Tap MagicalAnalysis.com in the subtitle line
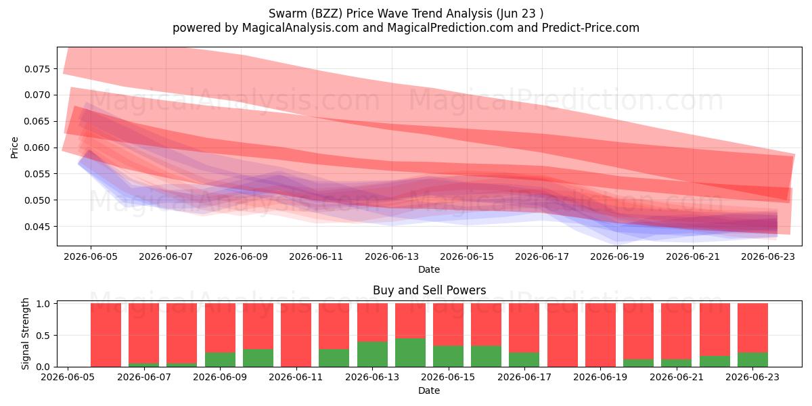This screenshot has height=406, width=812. pyautogui.click(x=300, y=28)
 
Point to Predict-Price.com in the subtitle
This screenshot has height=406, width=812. pyautogui.click(x=591, y=28)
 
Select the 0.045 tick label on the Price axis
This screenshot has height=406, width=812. pyautogui.click(x=36, y=227)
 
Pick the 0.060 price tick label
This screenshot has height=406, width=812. pyautogui.click(x=36, y=148)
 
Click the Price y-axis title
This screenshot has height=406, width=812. pyautogui.click(x=14, y=148)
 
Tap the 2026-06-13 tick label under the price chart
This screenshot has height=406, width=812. pyautogui.click(x=392, y=256)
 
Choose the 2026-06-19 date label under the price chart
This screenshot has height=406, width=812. pyautogui.click(x=617, y=256)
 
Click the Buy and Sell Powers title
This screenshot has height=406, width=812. pyautogui.click(x=429, y=290)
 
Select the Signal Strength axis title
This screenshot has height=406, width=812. pyautogui.click(x=25, y=334)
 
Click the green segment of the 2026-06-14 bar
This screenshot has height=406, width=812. pyautogui.click(x=410, y=353)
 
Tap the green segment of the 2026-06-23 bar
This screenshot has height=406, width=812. pyautogui.click(x=752, y=359)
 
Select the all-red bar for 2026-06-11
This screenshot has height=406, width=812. pyautogui.click(x=296, y=335)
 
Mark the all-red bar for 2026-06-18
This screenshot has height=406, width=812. pyautogui.click(x=562, y=335)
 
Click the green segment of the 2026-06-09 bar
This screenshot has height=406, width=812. pyautogui.click(x=220, y=359)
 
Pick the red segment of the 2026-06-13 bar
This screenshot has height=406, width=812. pyautogui.click(x=372, y=322)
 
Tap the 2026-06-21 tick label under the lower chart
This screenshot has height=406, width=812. pyautogui.click(x=677, y=378)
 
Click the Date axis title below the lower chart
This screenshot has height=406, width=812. pyautogui.click(x=429, y=390)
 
